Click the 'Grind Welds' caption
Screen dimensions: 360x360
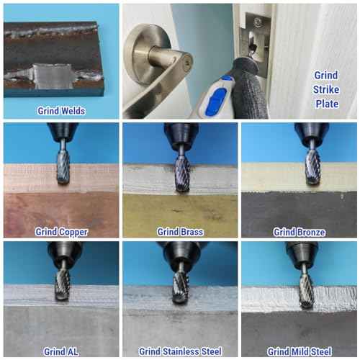tap(61, 111)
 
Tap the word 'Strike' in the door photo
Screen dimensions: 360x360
tap(326, 89)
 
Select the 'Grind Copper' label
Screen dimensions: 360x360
tap(61, 232)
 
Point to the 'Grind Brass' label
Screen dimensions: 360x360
tap(180, 232)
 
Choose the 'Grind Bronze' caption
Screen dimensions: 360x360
tap(300, 232)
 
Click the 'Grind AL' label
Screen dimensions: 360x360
tap(61, 351)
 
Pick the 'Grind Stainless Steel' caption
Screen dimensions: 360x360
tap(180, 351)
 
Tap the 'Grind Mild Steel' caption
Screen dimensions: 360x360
tap(300, 351)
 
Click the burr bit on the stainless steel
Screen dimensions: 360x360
tap(180, 287)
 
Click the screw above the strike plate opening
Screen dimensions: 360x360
tap(258, 22)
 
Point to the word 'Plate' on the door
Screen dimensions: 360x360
tap(327, 104)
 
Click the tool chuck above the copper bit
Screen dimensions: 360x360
tap(63, 131)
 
